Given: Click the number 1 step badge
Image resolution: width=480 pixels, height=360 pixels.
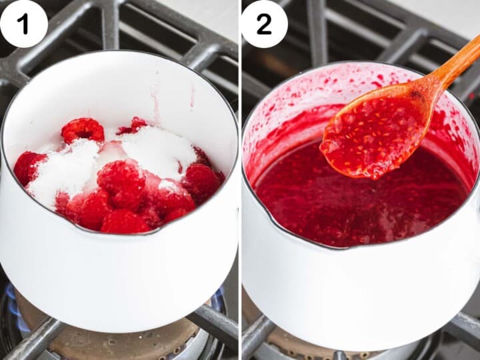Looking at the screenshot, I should tap(23, 24).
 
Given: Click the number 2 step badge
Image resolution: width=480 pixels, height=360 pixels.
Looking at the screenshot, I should tap(264, 24).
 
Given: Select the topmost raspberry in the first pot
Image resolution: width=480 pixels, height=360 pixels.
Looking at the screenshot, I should tap(83, 129).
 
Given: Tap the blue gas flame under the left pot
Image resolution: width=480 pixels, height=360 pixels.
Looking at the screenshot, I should tap(15, 307).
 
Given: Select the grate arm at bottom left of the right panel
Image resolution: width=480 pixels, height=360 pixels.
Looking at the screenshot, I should tap(256, 337).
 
